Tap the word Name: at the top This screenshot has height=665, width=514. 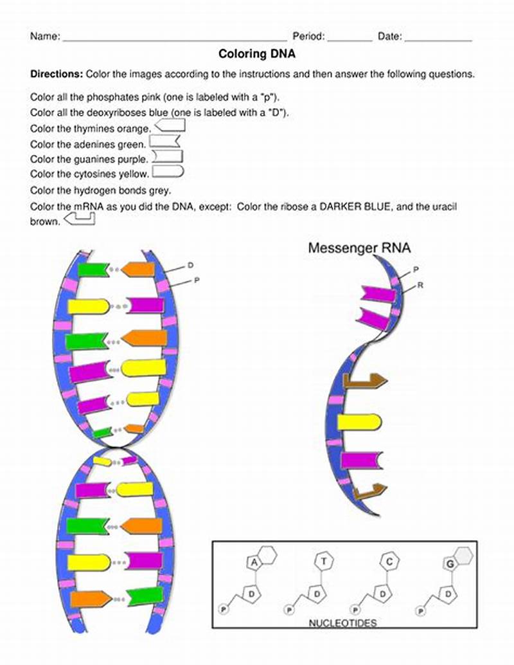click(x=45, y=37)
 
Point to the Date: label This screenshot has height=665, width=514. click(x=389, y=37)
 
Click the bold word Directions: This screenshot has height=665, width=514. click(x=57, y=74)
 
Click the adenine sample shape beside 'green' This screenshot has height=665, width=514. click(x=164, y=141)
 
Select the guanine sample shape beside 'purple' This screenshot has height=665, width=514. click(x=167, y=156)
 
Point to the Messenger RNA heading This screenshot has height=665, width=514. click(x=359, y=248)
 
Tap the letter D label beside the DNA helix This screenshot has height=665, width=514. click(x=190, y=265)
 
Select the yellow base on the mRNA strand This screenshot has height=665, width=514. click(x=359, y=422)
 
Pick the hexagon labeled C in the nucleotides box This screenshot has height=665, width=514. click(x=389, y=561)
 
